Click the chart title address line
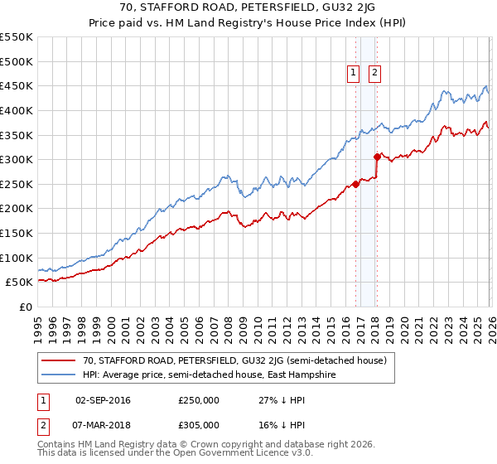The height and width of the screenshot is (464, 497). pyautogui.click(x=248, y=9)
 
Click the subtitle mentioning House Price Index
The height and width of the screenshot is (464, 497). pyautogui.click(x=248, y=24)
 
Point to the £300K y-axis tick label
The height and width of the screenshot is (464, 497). pyautogui.click(x=17, y=159)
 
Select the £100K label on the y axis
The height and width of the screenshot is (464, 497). pyautogui.click(x=17, y=258)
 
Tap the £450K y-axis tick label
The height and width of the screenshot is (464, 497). pyautogui.click(x=17, y=85)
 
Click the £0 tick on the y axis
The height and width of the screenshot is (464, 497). pyautogui.click(x=25, y=307)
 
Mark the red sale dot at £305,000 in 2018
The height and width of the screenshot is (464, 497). pyautogui.click(x=376, y=157)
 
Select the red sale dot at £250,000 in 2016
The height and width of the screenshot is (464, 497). pyautogui.click(x=355, y=184)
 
